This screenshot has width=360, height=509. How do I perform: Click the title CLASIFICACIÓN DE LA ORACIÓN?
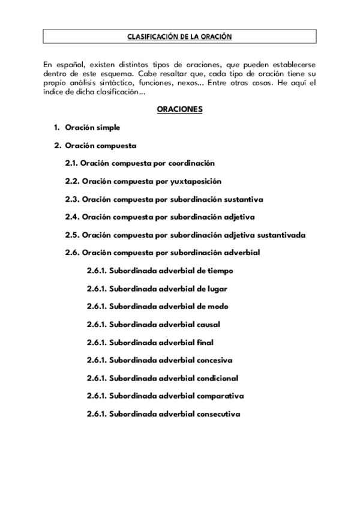[179, 37]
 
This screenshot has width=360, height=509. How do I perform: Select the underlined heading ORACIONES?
[179, 109]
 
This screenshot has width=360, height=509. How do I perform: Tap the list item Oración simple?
[92, 127]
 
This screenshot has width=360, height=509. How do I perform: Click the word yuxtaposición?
[197, 181]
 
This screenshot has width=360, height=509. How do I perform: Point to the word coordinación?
[191, 163]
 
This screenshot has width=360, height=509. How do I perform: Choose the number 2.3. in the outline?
[72, 199]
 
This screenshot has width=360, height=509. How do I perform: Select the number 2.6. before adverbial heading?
[72, 253]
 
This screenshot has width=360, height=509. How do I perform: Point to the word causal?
[208, 325]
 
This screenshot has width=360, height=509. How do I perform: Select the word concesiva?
[214, 360]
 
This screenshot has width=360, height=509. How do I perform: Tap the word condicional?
[217, 378]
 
